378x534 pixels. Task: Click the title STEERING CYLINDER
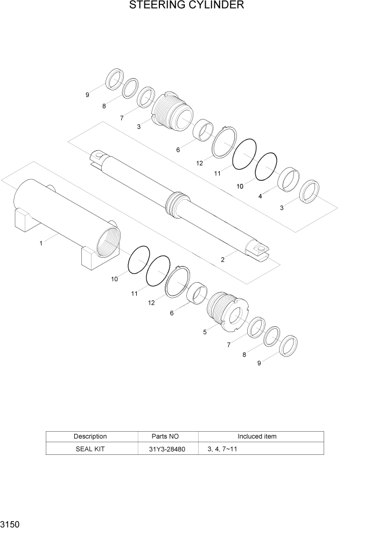coord(186,6)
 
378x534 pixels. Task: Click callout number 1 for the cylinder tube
coord(41,243)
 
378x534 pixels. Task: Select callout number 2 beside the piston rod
coord(222,259)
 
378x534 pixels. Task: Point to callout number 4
coord(261,196)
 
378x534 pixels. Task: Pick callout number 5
coord(205,332)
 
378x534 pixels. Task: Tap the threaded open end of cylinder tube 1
coord(108,240)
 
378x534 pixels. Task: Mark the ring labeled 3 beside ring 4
coord(310,191)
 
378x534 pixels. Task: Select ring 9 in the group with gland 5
coord(289,346)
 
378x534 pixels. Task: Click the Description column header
coord(90,437)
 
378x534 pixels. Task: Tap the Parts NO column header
coord(168,437)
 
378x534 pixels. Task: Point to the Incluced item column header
coord(257,437)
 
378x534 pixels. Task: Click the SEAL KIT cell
coord(90,448)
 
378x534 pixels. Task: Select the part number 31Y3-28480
coord(168,448)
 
